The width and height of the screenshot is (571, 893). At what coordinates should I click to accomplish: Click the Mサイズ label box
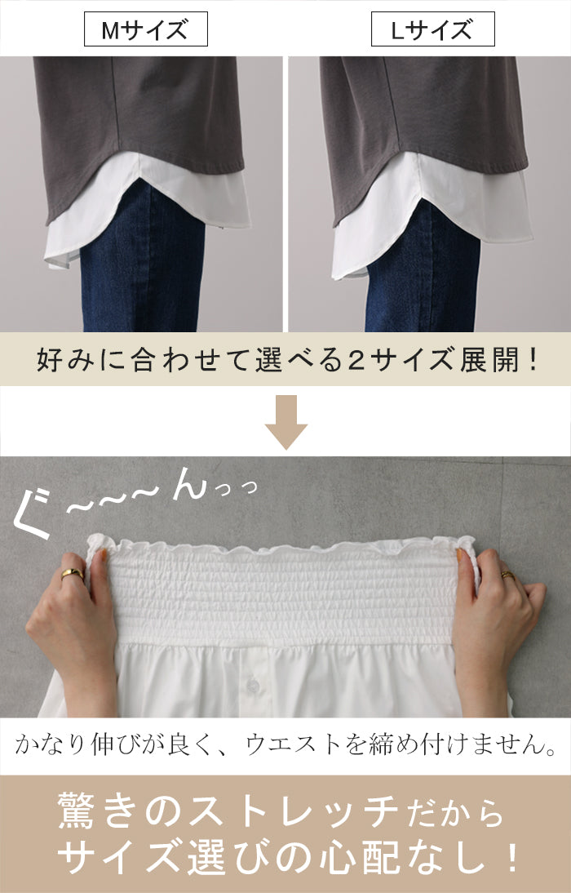click(x=146, y=29)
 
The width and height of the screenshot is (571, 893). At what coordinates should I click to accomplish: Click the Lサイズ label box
click(x=432, y=29)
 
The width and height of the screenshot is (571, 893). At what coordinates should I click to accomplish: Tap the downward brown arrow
click(x=285, y=422)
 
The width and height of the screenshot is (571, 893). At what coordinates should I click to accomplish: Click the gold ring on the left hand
click(x=73, y=574)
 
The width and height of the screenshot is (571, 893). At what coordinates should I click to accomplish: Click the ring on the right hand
click(x=507, y=574)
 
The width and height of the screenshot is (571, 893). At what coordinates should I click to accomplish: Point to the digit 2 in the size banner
click(x=356, y=361)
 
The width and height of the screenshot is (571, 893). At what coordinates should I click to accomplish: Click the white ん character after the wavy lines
click(x=189, y=484)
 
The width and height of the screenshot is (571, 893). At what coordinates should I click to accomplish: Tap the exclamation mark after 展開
click(x=533, y=361)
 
